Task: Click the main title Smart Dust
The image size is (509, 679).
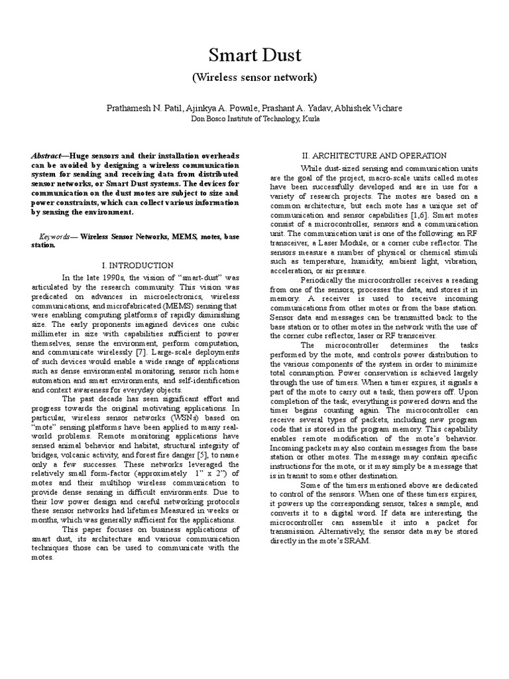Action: [254, 54]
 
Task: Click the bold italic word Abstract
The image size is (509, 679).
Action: [48, 155]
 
